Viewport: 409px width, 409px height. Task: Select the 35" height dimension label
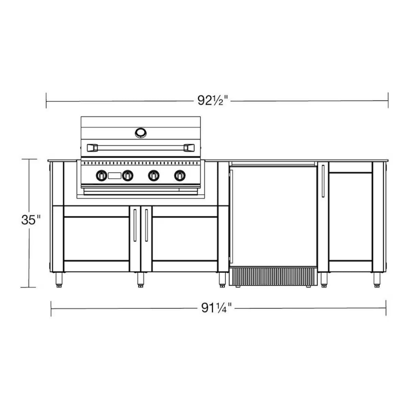31,220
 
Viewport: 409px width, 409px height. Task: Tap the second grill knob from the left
128,176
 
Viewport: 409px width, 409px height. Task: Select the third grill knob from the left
153,176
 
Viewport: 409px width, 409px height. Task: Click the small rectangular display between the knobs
115,176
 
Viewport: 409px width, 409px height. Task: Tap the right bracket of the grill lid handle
188,148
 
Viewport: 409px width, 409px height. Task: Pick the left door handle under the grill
135,225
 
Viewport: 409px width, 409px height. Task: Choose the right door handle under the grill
146,225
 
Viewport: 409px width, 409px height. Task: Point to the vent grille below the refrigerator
273,276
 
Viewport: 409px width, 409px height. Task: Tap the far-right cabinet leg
377,279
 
